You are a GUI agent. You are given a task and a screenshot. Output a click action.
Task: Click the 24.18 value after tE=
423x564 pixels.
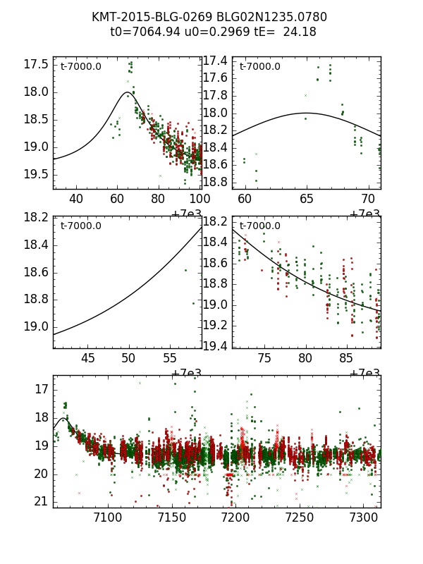(300, 32)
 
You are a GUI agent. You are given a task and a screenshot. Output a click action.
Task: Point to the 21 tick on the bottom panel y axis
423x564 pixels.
(42, 501)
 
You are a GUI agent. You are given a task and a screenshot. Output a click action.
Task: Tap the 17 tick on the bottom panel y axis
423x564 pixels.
(42, 389)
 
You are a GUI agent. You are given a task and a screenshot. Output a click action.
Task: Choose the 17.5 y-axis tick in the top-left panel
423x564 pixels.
(36, 64)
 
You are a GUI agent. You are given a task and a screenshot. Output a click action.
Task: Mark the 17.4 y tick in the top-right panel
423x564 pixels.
(215, 61)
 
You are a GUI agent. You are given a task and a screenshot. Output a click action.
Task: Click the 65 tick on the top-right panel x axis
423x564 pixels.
(307, 200)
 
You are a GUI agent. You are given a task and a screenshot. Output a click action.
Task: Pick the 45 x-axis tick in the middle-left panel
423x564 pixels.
(88, 358)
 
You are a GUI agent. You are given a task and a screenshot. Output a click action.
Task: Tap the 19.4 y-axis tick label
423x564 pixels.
(215, 345)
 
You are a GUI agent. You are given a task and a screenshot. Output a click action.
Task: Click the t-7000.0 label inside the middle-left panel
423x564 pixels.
(80, 226)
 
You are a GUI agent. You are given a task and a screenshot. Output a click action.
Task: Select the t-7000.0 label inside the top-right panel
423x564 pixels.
(259, 67)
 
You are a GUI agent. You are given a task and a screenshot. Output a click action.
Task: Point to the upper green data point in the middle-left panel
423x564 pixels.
(186, 270)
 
